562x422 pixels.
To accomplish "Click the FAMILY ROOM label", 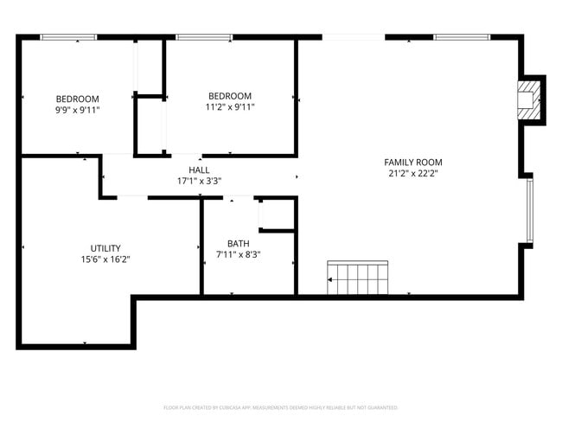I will [413, 162].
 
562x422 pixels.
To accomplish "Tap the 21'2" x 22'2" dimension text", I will [413, 173].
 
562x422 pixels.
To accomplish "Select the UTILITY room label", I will [105, 247].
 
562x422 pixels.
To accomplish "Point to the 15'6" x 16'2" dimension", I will [105, 259].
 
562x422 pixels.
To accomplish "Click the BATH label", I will [238, 243].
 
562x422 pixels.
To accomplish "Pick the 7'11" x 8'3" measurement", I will [238, 254].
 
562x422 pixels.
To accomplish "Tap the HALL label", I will [199, 170].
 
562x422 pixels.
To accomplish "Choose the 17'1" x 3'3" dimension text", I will [199, 182].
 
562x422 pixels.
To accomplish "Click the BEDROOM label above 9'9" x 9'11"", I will [78, 99].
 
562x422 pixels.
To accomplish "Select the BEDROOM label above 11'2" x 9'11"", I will [230, 96].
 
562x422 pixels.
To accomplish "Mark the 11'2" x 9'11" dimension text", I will [230, 107].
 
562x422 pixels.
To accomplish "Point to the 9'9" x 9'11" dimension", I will [78, 110].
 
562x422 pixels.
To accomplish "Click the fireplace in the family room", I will [527, 99].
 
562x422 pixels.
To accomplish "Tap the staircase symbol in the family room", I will [360, 278].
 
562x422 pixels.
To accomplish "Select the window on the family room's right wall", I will [530, 210].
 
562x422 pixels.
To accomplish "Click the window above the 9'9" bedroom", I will [68, 36].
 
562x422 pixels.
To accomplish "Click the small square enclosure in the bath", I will [277, 214].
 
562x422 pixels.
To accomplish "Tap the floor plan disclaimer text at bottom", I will [280, 406].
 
